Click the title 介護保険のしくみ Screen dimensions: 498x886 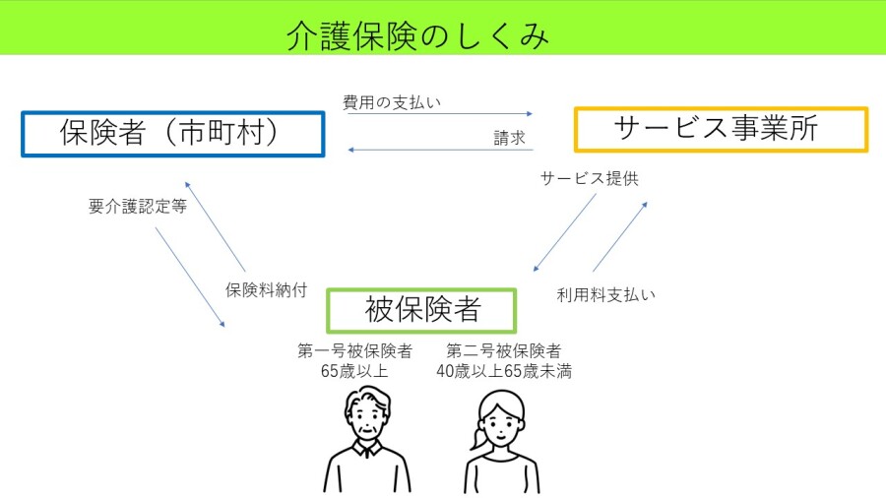coord(417,35)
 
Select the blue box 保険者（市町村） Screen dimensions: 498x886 coord(172,134)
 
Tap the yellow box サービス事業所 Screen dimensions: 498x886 coord(721,129)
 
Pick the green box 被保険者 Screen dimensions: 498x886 coord(421,310)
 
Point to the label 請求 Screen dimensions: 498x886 coord(509,139)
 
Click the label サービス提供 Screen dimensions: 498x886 coord(590,179)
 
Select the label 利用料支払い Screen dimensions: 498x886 coord(605,294)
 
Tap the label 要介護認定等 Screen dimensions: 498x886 coord(138,207)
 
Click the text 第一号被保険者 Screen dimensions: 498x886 coord(354,350)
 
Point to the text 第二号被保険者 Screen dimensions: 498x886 coord(504,350)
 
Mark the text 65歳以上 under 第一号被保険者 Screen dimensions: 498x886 coord(354,370)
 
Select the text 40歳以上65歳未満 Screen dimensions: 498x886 coord(504,370)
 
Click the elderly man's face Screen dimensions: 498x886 coord(366,422)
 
